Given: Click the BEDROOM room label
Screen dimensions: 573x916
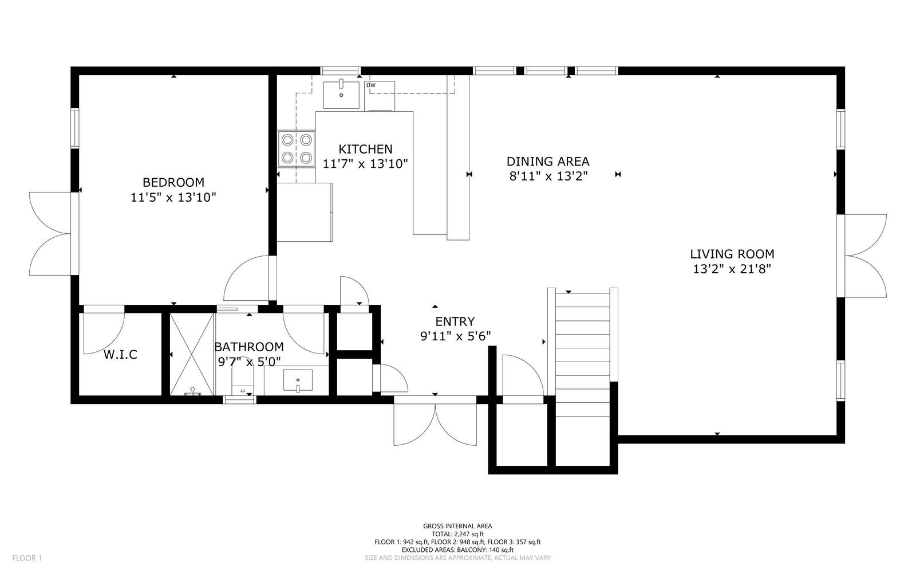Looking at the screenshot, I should [x=173, y=182].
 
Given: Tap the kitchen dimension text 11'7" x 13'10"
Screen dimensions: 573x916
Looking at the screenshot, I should [x=365, y=164].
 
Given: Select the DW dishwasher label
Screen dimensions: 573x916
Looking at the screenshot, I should [x=371, y=86].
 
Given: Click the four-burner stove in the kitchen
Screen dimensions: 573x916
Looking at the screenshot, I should [x=297, y=148].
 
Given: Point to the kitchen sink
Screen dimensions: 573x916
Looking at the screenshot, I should [x=341, y=95].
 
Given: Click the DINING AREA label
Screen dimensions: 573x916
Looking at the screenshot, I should [x=548, y=162].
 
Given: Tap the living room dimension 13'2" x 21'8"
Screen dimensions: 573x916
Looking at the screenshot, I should [x=732, y=269].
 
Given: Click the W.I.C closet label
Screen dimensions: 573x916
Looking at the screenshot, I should [x=120, y=355].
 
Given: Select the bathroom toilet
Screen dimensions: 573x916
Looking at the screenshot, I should [x=243, y=382].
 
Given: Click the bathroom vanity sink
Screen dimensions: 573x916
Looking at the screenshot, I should [x=298, y=381].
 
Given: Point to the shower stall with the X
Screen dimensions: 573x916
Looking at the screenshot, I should [x=193, y=354].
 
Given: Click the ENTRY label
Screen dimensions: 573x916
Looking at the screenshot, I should [x=455, y=321].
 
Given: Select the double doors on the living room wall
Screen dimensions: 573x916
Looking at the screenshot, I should [x=866, y=256].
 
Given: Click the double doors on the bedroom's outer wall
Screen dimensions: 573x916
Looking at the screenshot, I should [x=50, y=234].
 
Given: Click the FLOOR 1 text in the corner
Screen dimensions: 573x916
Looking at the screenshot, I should [x=27, y=558].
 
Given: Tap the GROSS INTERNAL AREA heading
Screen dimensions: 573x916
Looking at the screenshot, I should [x=457, y=526].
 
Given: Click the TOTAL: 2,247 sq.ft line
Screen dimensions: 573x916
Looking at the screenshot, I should [x=457, y=533].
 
